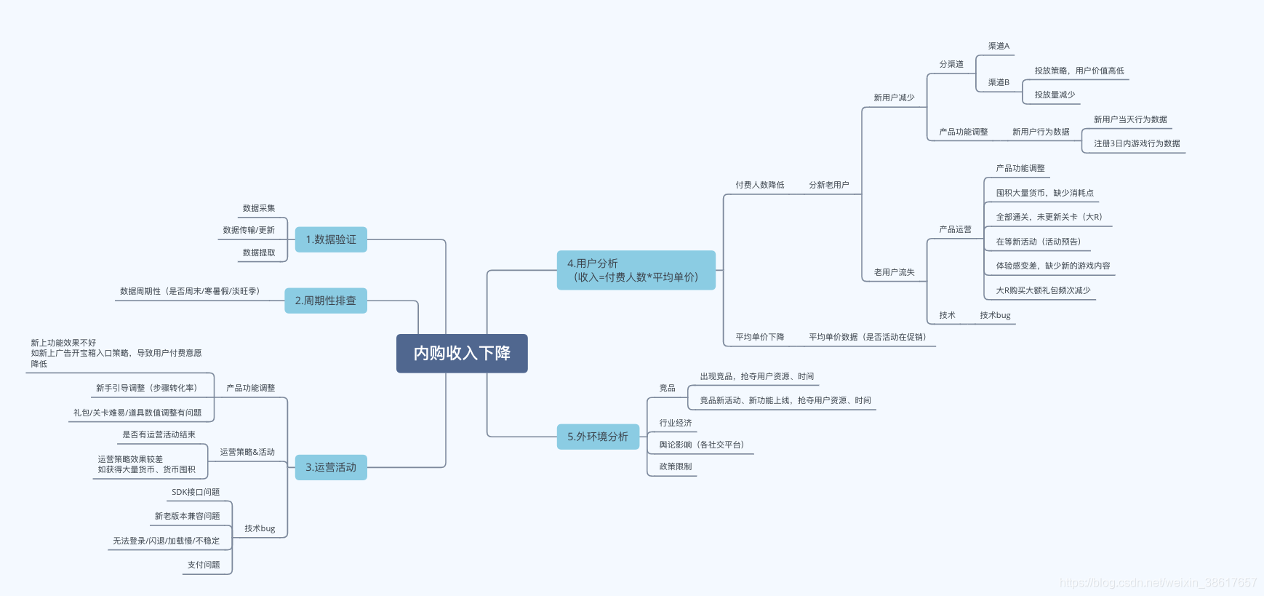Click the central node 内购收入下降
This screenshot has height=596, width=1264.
pyautogui.click(x=462, y=354)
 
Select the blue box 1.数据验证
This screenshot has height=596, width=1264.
pyautogui.click(x=331, y=239)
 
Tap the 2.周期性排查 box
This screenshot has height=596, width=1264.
pyautogui.click(x=326, y=301)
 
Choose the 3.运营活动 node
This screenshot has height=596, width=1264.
pyautogui.click(x=331, y=467)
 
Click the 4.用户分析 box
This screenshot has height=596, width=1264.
pyautogui.click(x=636, y=270)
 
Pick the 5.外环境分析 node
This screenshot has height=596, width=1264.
pyautogui.click(x=598, y=437)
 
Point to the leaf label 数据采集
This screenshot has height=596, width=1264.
pyautogui.click(x=259, y=208)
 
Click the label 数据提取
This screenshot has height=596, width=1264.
pyautogui.click(x=259, y=253)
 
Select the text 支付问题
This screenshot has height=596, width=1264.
pyautogui.click(x=204, y=565)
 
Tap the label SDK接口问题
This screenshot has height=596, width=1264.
pyautogui.click(x=196, y=492)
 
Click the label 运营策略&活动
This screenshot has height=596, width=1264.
pyautogui.click(x=247, y=452)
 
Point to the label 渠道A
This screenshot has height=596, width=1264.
pyautogui.click(x=999, y=46)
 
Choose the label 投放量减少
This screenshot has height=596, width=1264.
pyautogui.click(x=1055, y=95)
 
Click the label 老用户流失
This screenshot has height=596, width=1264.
pyautogui.click(x=894, y=272)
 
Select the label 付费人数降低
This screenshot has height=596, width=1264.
pyautogui.click(x=759, y=185)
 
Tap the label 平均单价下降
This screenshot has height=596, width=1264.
pyautogui.click(x=759, y=337)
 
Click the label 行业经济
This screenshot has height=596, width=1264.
pyautogui.click(x=676, y=423)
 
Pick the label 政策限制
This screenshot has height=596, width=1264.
pyautogui.click(x=676, y=466)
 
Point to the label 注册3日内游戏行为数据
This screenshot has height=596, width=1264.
pyautogui.click(x=1137, y=143)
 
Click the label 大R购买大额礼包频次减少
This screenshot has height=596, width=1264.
pyautogui.click(x=1043, y=290)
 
